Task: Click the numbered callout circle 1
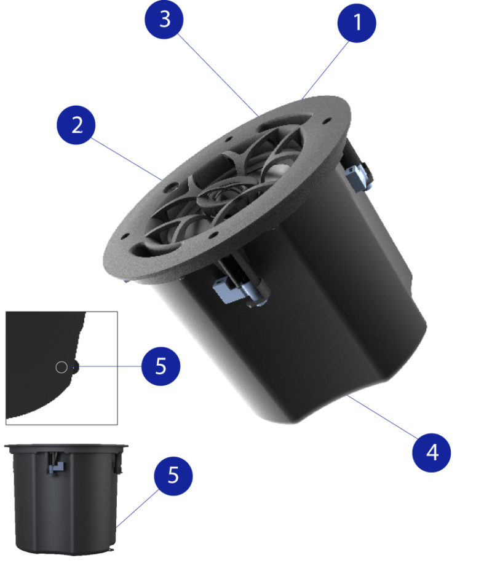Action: [357, 23]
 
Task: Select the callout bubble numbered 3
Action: [164, 20]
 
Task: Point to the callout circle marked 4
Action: [432, 454]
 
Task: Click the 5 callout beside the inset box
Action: [161, 367]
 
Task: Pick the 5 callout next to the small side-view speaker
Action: [172, 476]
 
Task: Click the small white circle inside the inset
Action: [60, 368]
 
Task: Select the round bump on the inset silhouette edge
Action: [74, 368]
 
